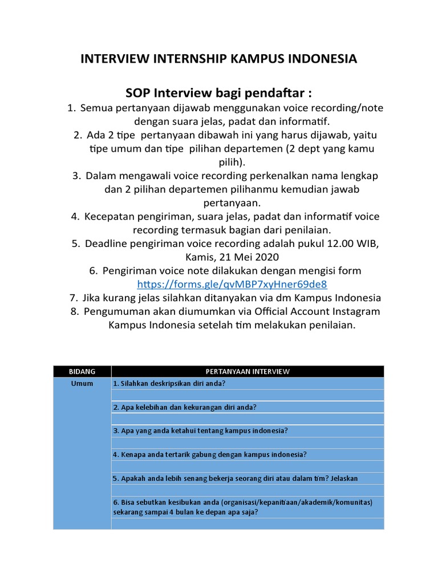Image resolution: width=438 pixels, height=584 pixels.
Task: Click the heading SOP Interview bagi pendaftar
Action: click(x=218, y=93)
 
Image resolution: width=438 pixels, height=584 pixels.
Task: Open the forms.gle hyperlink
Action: click(x=232, y=284)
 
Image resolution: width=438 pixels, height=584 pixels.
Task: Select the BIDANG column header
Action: click(x=82, y=371)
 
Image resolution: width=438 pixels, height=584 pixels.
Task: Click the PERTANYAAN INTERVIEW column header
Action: click(x=248, y=371)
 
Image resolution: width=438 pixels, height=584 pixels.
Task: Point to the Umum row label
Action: click(x=82, y=383)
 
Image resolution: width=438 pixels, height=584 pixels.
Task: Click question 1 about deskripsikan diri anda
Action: click(x=169, y=383)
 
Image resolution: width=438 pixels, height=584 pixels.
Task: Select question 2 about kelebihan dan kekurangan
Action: click(x=185, y=407)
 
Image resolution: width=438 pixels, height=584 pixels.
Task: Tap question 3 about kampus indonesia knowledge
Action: click(x=200, y=431)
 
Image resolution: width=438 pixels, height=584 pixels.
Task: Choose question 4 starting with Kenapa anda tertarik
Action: click(x=210, y=455)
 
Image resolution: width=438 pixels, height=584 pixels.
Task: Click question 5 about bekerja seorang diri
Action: click(x=236, y=478)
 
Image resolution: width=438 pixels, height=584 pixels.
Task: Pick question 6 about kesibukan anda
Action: click(x=242, y=507)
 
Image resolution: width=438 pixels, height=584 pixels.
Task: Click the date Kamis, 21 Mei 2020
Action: click(x=219, y=257)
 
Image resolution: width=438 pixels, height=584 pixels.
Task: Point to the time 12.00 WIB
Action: click(x=348, y=244)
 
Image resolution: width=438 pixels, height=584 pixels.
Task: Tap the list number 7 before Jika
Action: click(x=73, y=298)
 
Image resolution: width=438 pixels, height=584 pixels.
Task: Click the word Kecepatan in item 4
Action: click(x=110, y=217)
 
